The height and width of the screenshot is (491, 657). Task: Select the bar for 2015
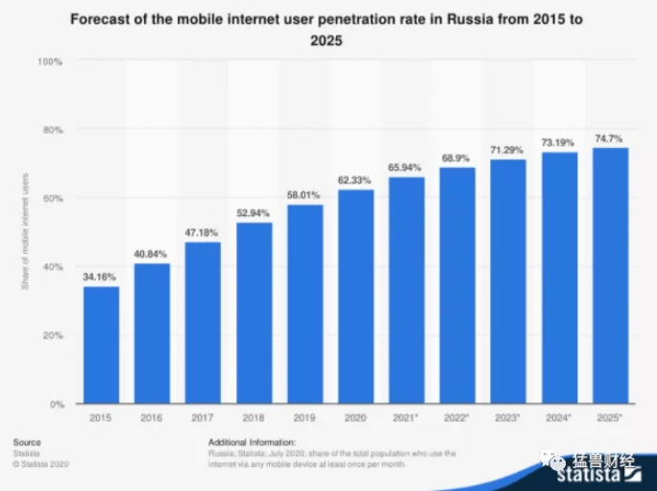(101, 345)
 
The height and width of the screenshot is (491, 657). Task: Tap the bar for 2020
(355, 297)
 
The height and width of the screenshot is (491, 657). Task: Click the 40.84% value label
(152, 255)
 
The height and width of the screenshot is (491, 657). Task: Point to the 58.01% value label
(304, 196)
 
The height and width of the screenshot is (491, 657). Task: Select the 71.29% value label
(508, 151)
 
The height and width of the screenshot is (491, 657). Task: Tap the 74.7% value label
(610, 138)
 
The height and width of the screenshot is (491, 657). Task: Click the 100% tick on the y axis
(50, 61)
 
